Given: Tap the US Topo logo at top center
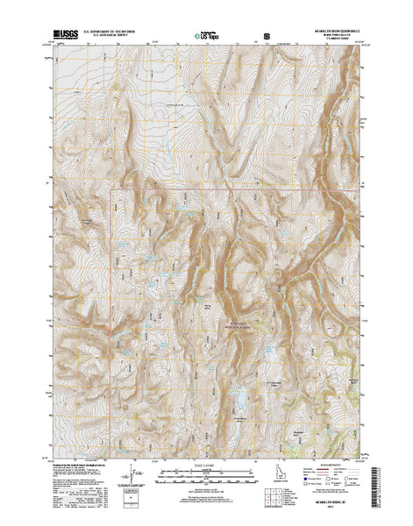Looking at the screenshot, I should tap(208, 36).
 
